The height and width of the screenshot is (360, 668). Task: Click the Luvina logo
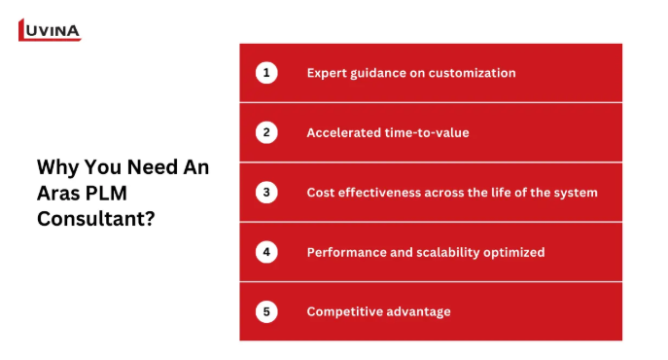click(x=50, y=30)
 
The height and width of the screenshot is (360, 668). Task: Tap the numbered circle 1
click(x=266, y=73)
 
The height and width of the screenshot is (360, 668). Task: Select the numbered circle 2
click(x=266, y=132)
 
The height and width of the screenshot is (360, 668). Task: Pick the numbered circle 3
click(x=266, y=192)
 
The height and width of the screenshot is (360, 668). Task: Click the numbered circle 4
click(x=266, y=252)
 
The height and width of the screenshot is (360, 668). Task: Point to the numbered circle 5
click(x=266, y=311)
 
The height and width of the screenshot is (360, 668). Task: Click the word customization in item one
click(x=472, y=73)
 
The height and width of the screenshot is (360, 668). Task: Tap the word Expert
click(x=327, y=73)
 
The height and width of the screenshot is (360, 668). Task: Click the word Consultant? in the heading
click(x=96, y=219)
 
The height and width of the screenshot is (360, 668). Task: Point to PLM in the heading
click(x=107, y=193)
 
